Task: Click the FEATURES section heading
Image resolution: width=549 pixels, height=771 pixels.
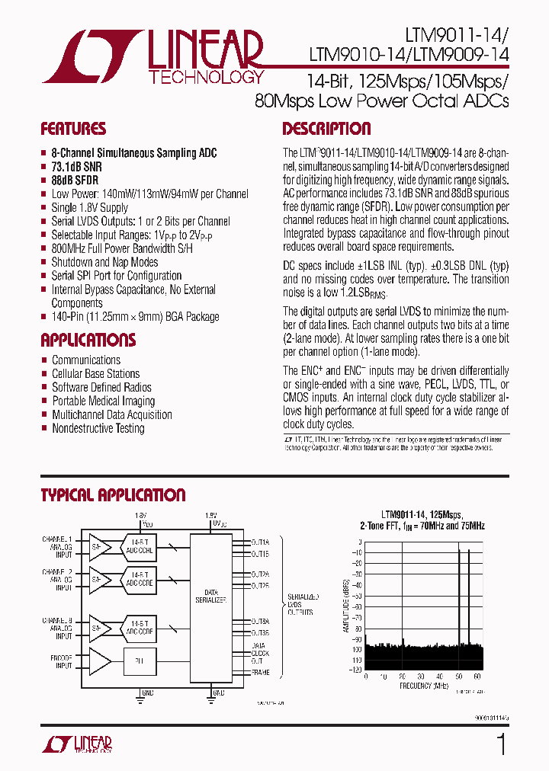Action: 73,129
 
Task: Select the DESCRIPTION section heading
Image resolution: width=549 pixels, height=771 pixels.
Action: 326,129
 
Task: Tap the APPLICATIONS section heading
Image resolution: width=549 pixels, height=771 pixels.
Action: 88,340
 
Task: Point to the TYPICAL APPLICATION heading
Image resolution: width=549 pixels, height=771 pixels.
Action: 113,495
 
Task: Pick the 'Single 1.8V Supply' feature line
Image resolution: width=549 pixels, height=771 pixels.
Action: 90,207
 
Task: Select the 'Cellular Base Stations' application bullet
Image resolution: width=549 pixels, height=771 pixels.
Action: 95,373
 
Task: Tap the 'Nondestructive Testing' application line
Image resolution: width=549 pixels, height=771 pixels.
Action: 98,428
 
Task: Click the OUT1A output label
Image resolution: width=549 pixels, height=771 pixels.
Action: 261,542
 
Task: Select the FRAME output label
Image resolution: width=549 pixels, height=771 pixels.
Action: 261,673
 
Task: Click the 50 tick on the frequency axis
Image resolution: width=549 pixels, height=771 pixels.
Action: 459,676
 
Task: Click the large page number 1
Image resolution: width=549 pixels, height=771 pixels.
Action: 501,744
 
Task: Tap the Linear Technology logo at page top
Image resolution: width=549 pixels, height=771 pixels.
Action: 152,57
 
